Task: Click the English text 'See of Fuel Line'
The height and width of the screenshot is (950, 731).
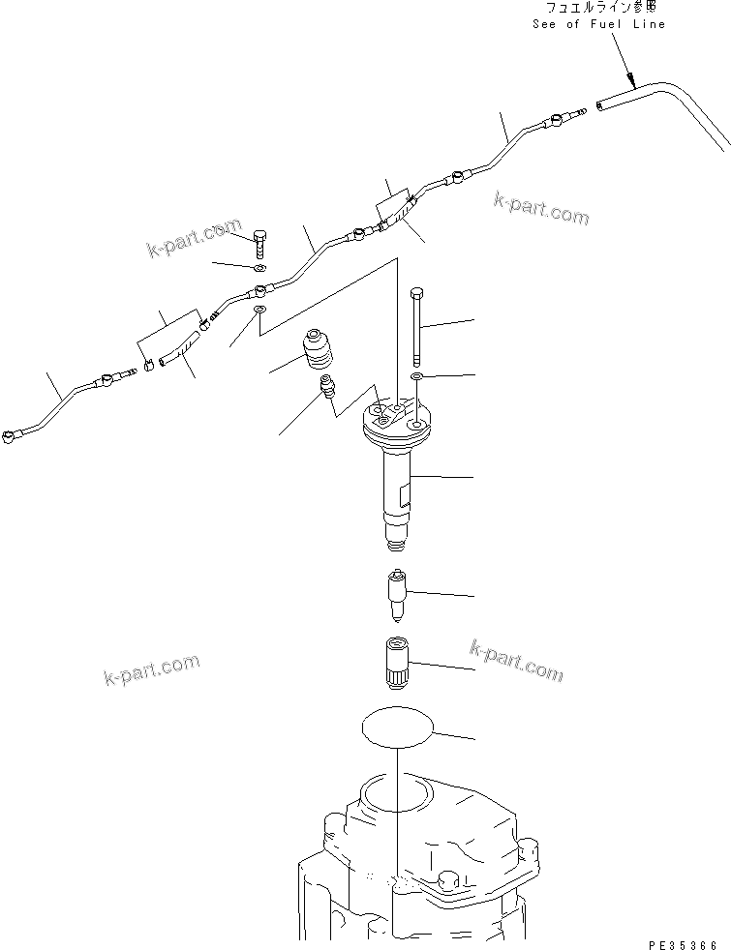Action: point(598,23)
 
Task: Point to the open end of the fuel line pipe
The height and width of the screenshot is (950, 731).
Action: point(601,102)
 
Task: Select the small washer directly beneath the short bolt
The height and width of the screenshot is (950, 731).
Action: point(261,268)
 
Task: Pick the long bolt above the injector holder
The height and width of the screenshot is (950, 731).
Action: point(416,324)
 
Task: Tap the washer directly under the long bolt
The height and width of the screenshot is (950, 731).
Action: point(416,375)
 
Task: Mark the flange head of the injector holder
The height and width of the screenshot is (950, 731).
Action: point(397,421)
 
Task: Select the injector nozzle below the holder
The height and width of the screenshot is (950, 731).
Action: point(397,592)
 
